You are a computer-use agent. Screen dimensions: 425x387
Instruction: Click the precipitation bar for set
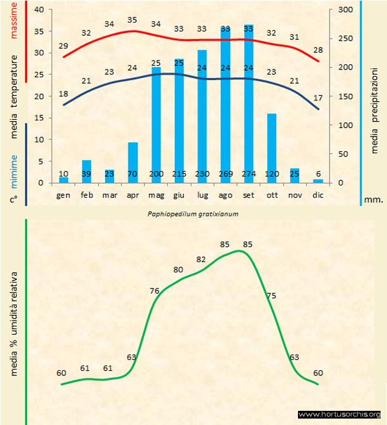pos(248,103)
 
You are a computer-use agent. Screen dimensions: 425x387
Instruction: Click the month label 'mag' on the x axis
pos(156,194)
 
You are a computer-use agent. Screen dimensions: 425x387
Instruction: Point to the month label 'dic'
pos(318,194)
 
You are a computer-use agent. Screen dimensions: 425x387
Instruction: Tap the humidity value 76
pos(155,291)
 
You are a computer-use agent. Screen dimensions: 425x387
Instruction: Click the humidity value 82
pos(201,259)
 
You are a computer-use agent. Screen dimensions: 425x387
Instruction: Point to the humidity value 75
pos(272,296)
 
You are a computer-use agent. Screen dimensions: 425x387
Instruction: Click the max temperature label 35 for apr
pos(133,20)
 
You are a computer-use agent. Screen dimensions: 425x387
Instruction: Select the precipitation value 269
pos(225,174)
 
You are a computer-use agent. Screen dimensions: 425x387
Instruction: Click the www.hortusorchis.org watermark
pos(340,414)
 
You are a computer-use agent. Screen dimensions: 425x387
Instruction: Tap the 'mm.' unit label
pos(374,200)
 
